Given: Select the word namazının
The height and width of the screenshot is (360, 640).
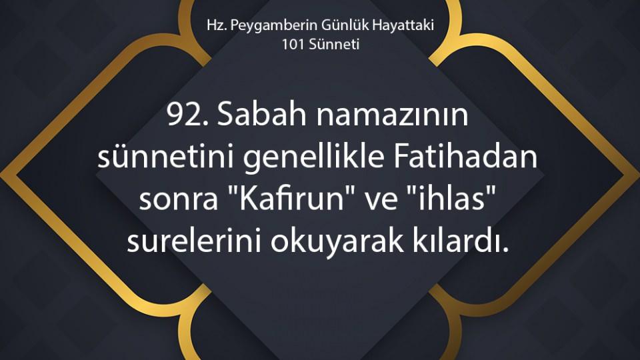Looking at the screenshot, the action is [x=392, y=115].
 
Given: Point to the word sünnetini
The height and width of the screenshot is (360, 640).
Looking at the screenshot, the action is [x=165, y=157].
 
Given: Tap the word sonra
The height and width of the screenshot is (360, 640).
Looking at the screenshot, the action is [x=179, y=200].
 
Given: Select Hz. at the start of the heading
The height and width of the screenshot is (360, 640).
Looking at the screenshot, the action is [x=217, y=25].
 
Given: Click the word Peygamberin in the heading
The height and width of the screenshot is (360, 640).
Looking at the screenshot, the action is [x=273, y=26].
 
